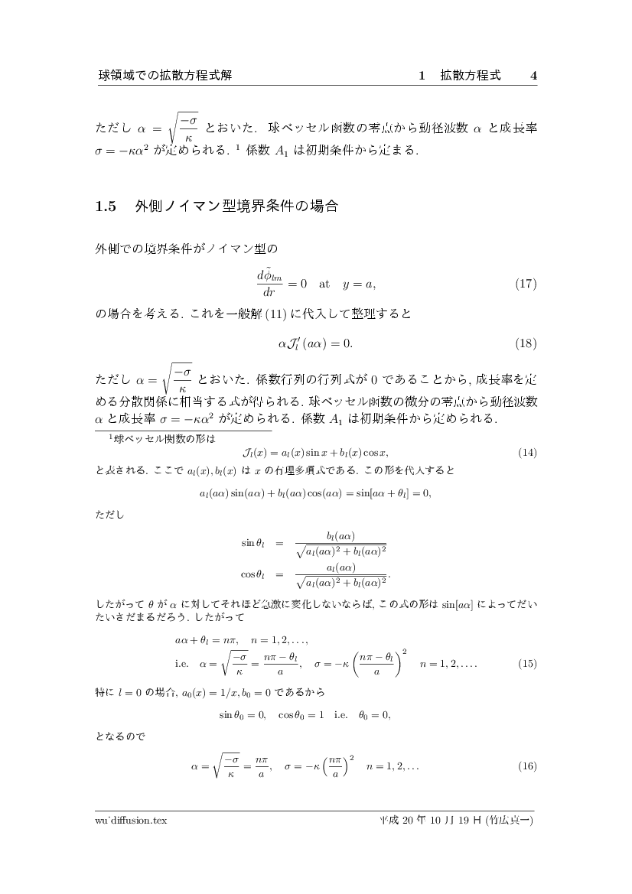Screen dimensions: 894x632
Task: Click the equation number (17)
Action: [526, 284]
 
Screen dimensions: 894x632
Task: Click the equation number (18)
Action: [526, 343]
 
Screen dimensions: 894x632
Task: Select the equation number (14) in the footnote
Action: [527, 452]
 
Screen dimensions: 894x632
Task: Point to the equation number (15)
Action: [527, 663]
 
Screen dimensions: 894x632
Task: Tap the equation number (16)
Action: [527, 766]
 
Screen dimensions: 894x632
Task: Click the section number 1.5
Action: [105, 206]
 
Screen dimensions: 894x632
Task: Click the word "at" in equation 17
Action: [324, 284]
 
